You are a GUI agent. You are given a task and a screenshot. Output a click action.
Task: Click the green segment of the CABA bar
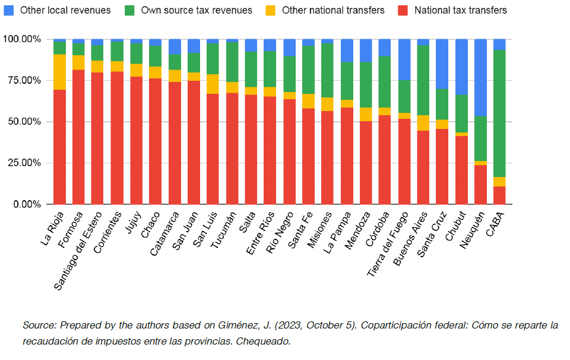[x=499, y=113]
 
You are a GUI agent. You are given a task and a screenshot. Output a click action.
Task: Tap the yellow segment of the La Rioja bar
[x=59, y=72]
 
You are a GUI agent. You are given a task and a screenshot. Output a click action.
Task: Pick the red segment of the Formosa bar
[x=78, y=137]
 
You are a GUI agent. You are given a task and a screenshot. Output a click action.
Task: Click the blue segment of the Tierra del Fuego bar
[x=404, y=59]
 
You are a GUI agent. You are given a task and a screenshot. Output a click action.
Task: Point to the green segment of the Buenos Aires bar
[x=423, y=80]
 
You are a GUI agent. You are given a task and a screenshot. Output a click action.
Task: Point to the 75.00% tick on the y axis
[x=22, y=80]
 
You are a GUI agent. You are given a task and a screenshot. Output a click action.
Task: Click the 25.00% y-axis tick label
[x=22, y=163]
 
